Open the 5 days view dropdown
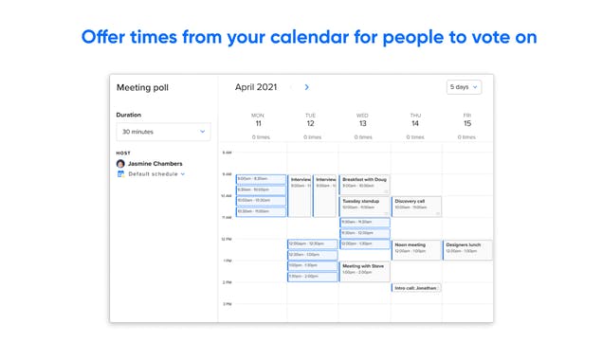pyautogui.click(x=464, y=87)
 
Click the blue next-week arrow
pyautogui.click(x=306, y=87)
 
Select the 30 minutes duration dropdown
pyautogui.click(x=163, y=132)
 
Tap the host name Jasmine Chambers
pyautogui.click(x=155, y=163)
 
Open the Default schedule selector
pyautogui.click(x=155, y=174)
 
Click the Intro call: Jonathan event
pyautogui.click(x=416, y=287)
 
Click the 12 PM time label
pyautogui.click(x=227, y=239)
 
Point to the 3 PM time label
pyautogui.click(x=227, y=304)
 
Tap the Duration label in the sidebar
pyautogui.click(x=129, y=115)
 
